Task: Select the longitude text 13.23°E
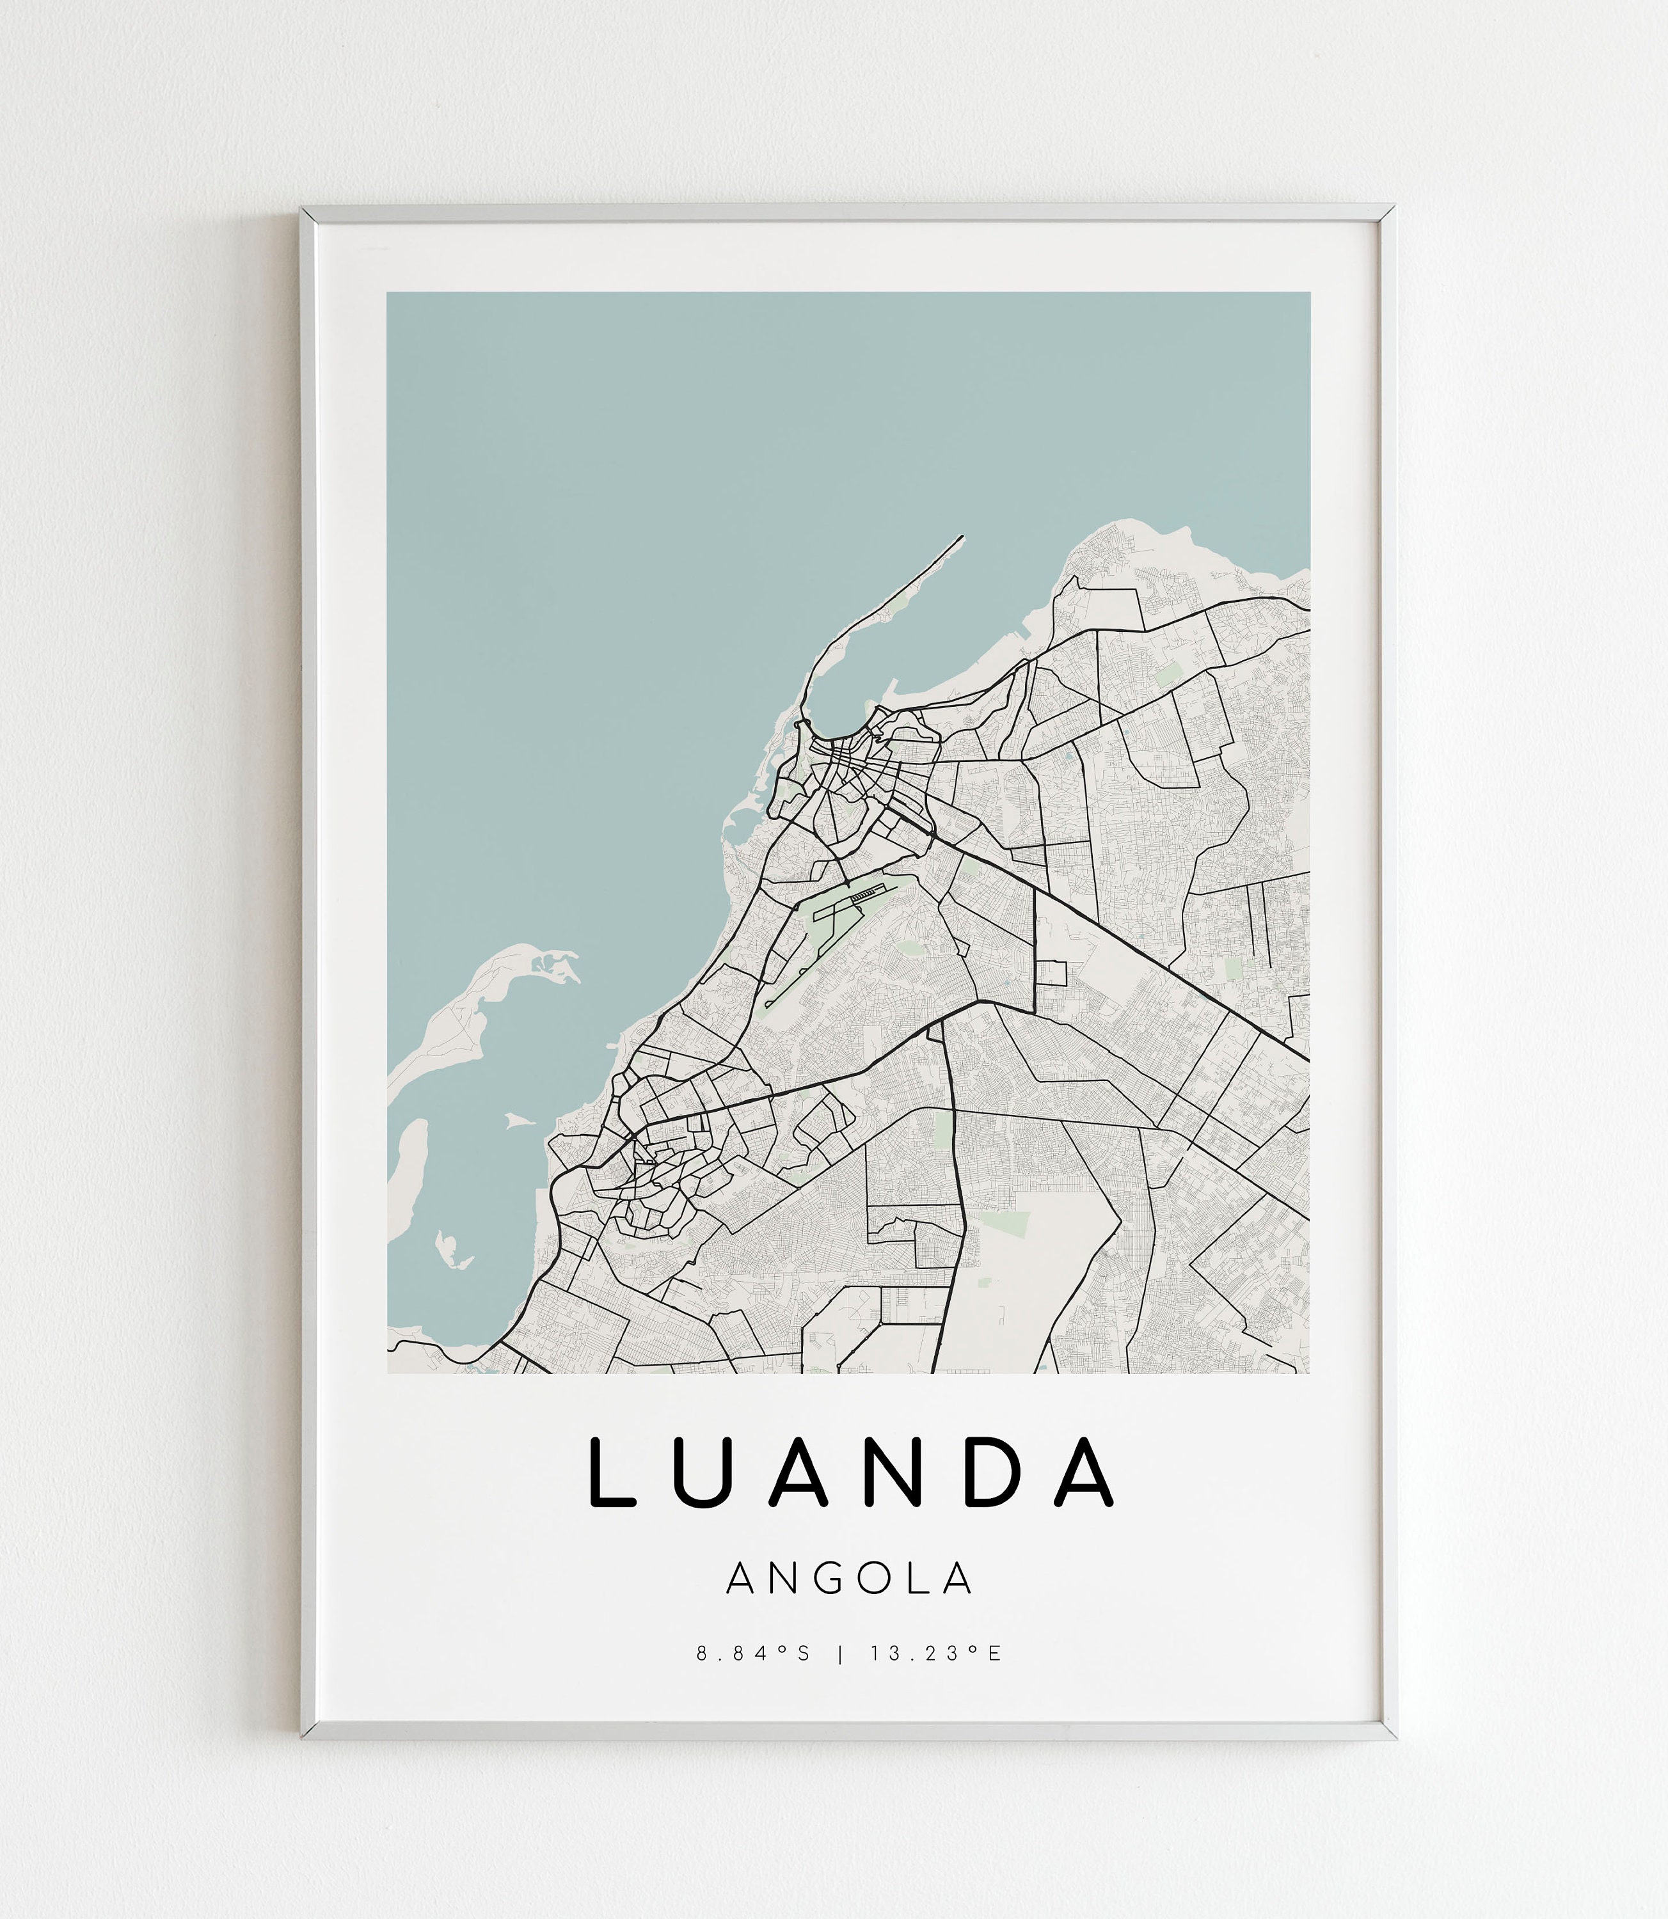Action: click(x=937, y=1654)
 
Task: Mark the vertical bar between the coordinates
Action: click(x=841, y=1654)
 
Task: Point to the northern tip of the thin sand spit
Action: click(x=962, y=537)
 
